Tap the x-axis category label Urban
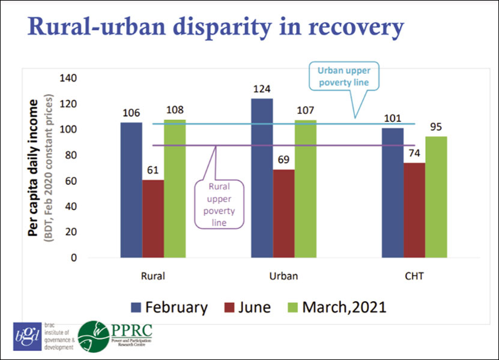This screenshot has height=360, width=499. (x=284, y=277)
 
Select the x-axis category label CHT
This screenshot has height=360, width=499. (x=414, y=277)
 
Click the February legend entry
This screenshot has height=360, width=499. (x=170, y=308)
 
